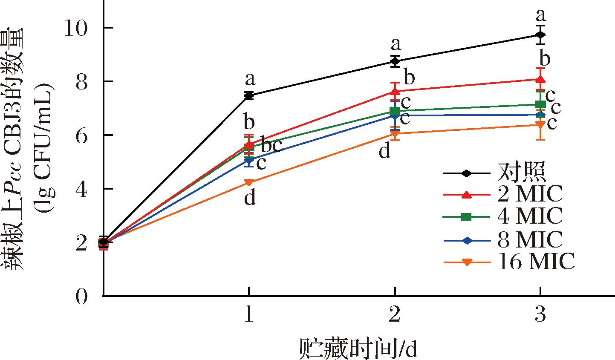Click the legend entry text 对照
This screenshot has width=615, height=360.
[x=521, y=173]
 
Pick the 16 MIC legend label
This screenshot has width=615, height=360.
[x=536, y=262]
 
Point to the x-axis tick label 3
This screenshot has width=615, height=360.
[x=540, y=315]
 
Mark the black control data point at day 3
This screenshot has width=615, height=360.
[x=540, y=35]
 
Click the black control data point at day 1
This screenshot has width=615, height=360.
[x=249, y=95]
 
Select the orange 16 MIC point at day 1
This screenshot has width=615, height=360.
[x=249, y=182]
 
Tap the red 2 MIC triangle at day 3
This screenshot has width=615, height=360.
[x=540, y=79]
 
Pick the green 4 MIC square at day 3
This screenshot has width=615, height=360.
[x=540, y=104]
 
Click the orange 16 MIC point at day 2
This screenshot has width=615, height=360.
[x=395, y=134]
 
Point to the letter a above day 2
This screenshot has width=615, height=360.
[x=396, y=43]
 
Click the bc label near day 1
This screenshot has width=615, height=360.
[x=271, y=146]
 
